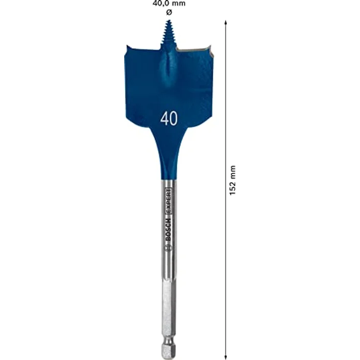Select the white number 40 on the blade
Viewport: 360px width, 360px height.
(x=169, y=119)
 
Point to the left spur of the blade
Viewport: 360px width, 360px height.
(x=128, y=50)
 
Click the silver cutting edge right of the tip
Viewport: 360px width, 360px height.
(x=193, y=50)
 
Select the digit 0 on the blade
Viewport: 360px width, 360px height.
(x=174, y=119)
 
